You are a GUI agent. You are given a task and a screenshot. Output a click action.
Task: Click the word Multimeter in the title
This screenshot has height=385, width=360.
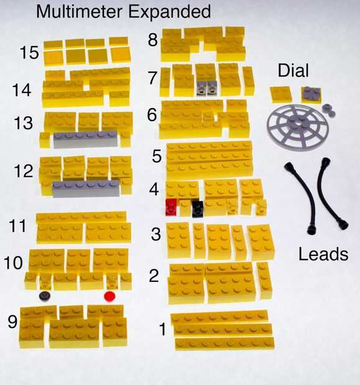point(79,12)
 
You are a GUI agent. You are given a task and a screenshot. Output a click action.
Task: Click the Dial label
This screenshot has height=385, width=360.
point(293,70)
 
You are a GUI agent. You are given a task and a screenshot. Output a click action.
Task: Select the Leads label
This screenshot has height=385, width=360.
point(323,254)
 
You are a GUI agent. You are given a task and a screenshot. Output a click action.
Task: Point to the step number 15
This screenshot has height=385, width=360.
point(29,53)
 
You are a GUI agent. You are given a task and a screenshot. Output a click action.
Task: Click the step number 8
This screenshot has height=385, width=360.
point(152,40)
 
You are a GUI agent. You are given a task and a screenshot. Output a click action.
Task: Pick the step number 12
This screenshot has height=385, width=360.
point(24,171)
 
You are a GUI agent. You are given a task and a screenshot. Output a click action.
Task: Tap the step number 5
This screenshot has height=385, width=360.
point(157,156)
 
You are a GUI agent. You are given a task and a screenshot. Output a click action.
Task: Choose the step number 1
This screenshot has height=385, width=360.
point(162,329)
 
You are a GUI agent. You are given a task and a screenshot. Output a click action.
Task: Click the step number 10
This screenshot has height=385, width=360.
point(14,263)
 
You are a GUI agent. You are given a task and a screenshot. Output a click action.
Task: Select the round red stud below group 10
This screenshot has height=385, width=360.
point(109,296)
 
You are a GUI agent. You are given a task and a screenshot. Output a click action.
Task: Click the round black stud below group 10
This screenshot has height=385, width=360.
point(45,296)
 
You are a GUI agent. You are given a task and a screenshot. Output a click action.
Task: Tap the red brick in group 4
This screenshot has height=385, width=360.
point(171,207)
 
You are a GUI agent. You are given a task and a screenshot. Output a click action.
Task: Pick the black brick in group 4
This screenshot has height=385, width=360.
point(198,209)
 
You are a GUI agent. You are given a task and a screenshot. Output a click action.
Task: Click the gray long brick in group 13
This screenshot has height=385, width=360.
point(85,140)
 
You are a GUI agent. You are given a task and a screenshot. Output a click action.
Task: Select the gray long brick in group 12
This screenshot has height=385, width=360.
point(86,189)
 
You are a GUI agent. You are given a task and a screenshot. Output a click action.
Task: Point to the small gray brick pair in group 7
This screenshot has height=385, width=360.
point(207,88)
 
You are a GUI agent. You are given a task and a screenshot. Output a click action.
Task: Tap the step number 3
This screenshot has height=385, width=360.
point(156,234)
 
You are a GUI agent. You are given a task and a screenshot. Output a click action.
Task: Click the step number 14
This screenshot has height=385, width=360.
point(22,90)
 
